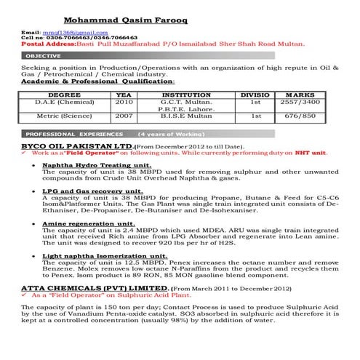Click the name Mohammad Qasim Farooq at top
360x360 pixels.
tap(125, 20)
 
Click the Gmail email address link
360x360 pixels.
tap(76, 33)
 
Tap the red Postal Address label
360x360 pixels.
tap(39, 44)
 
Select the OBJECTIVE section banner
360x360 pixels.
tap(44, 56)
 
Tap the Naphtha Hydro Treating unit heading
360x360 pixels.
tap(90, 166)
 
